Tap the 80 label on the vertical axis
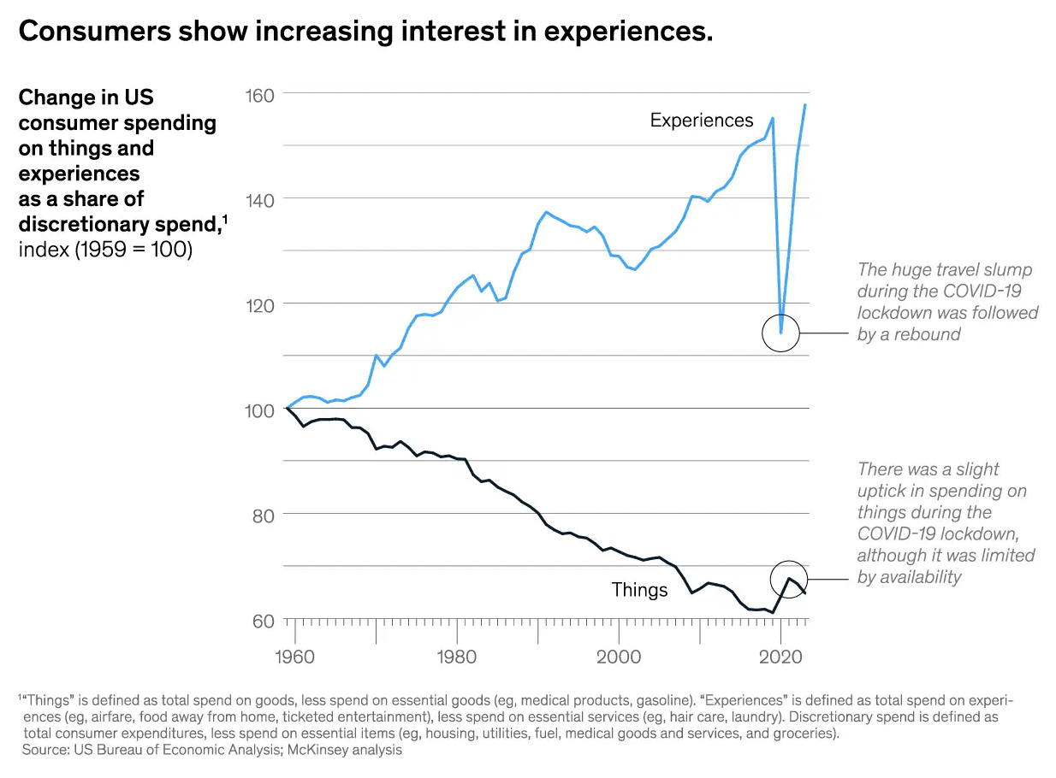tap(262, 515)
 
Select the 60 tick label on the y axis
tap(262, 620)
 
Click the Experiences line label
tap(702, 121)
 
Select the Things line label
tap(639, 590)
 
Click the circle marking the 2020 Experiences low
tap(780, 333)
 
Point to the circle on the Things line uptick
tap(789, 579)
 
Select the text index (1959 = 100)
tap(104, 250)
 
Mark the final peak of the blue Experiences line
tap(805, 105)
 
